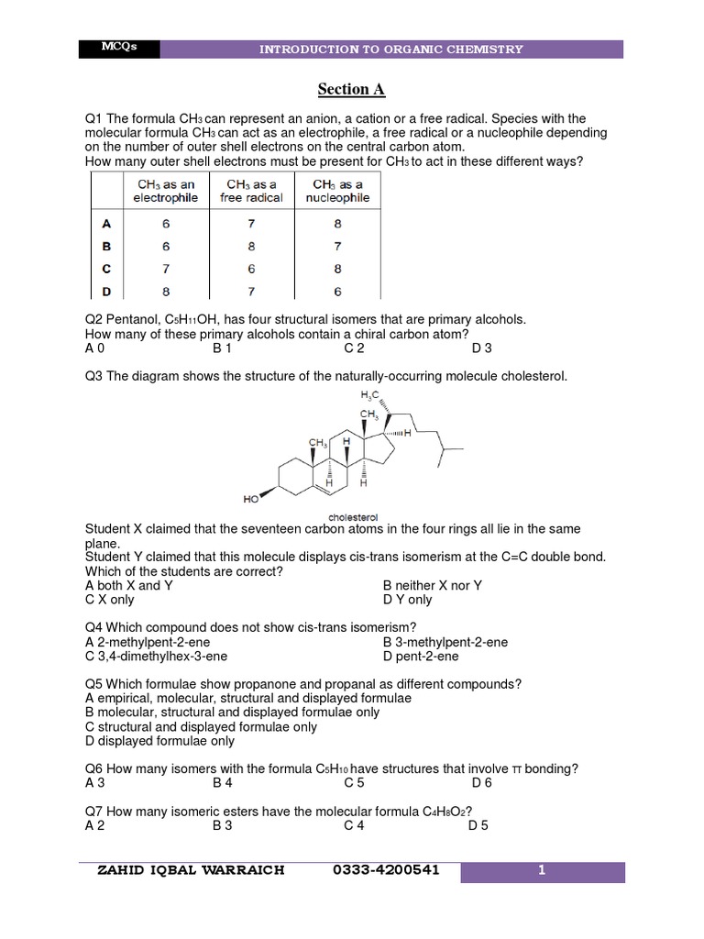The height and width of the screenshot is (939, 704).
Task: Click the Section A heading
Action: (x=352, y=89)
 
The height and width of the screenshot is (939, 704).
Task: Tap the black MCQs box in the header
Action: (x=119, y=49)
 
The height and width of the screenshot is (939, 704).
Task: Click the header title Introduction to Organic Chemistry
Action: (x=391, y=50)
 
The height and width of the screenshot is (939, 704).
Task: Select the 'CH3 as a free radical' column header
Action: (x=252, y=191)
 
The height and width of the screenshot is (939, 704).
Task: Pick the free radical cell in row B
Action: (x=252, y=246)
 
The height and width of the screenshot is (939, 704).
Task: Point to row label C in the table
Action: (x=106, y=269)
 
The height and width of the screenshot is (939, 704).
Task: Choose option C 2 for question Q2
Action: (x=355, y=348)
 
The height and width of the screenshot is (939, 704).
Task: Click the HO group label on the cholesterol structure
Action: (x=251, y=500)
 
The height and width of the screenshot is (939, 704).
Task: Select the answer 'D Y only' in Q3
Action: (x=407, y=600)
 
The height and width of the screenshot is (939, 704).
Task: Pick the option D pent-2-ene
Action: (x=421, y=657)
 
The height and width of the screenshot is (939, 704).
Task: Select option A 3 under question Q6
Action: (x=95, y=783)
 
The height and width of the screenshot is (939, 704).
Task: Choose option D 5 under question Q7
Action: (x=478, y=825)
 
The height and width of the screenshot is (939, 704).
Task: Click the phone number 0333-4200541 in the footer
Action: (x=388, y=870)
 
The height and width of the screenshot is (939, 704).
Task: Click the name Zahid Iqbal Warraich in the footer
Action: (x=191, y=870)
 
